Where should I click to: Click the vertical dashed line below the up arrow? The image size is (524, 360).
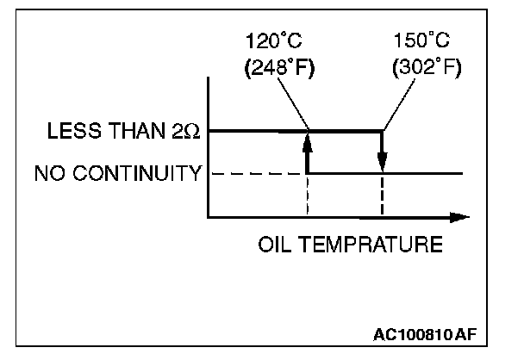pyautogui.click(x=307, y=196)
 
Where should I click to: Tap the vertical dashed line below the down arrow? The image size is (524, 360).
pyautogui.click(x=382, y=196)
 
